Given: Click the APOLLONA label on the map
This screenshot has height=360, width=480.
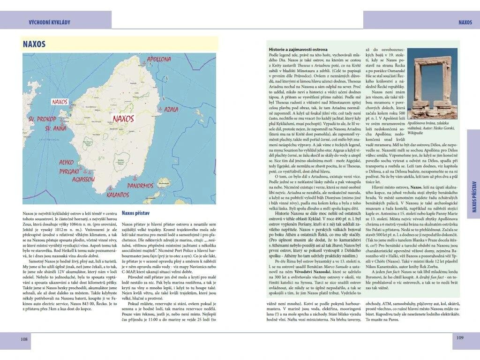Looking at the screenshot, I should pos(159,60).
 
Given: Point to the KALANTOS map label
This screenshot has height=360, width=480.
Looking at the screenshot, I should pos(118,194).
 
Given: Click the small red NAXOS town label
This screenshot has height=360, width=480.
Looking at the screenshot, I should pos(60,101).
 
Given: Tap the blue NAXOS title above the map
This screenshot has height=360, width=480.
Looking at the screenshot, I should pos(34,44).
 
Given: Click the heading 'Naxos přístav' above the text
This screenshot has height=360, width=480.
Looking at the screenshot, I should pos(135,213).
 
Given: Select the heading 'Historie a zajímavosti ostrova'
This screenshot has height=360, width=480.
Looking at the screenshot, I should pos(298,49).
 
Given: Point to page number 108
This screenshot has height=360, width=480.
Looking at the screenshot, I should pos(24,338).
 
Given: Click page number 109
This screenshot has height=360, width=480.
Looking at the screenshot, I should pos(460,337).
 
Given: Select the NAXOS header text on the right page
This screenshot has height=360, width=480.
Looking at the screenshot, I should pos(465,22).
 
